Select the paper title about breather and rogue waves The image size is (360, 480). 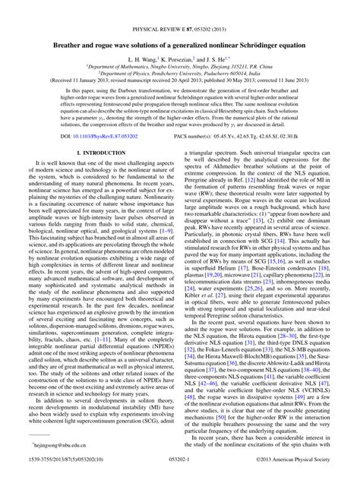(179, 24)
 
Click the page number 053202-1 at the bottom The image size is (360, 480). (179, 472)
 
